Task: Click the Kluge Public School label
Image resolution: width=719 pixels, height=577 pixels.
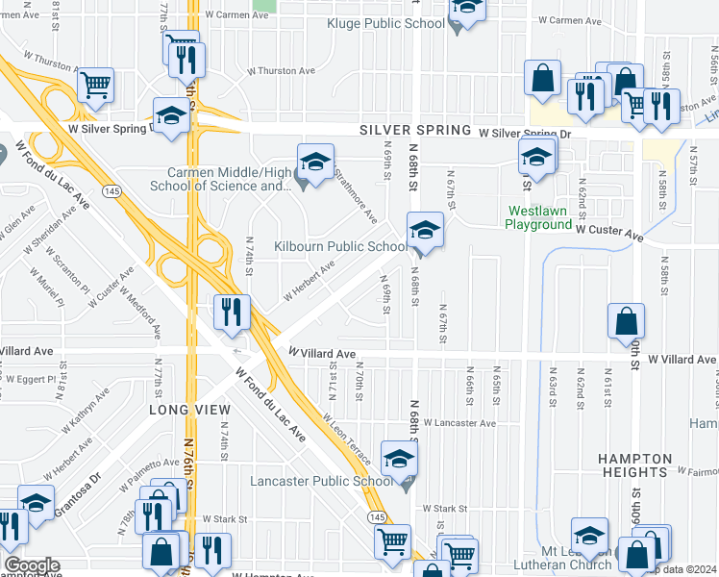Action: (x=384, y=23)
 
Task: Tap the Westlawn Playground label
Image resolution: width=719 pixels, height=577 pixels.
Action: (x=539, y=217)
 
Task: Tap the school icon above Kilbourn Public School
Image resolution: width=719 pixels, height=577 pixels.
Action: (x=424, y=230)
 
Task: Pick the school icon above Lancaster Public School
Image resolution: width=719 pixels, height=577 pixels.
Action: (x=399, y=459)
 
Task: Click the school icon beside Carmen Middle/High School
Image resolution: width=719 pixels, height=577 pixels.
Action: (x=314, y=161)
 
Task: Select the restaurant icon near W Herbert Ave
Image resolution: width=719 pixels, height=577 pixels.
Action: (x=232, y=311)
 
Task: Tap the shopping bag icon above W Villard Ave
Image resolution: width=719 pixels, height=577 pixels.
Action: (x=626, y=320)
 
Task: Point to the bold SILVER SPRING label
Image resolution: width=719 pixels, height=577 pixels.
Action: (x=415, y=130)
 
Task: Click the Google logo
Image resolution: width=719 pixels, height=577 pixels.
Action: (x=32, y=565)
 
